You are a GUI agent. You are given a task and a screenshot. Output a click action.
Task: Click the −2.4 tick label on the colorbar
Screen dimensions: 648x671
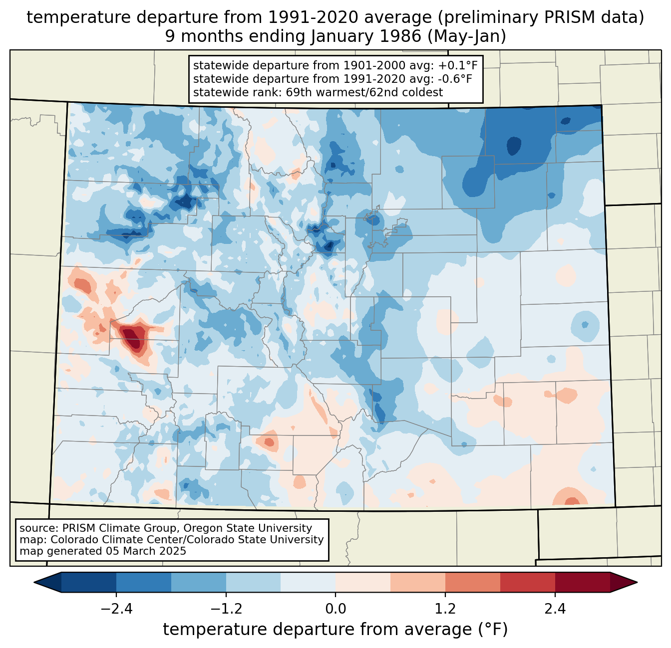point(116,609)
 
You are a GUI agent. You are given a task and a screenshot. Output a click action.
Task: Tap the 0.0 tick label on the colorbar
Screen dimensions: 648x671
point(335,609)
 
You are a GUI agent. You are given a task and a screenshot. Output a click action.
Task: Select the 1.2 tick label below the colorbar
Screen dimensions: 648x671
point(445,609)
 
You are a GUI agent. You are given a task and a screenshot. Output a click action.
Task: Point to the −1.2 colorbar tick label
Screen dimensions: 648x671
point(226,609)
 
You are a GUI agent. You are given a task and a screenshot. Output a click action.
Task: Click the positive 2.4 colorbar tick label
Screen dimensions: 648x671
point(555,609)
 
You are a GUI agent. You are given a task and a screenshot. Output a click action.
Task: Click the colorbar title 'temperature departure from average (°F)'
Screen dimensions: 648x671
point(335,630)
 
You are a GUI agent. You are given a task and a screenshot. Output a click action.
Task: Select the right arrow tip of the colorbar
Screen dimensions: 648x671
point(636,582)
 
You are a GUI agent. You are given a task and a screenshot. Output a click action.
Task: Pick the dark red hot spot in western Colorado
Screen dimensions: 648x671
point(132,337)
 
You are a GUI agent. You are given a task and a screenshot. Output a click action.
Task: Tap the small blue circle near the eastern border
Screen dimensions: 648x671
point(585,324)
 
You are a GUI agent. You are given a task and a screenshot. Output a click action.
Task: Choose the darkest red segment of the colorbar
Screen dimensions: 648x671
point(582,582)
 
